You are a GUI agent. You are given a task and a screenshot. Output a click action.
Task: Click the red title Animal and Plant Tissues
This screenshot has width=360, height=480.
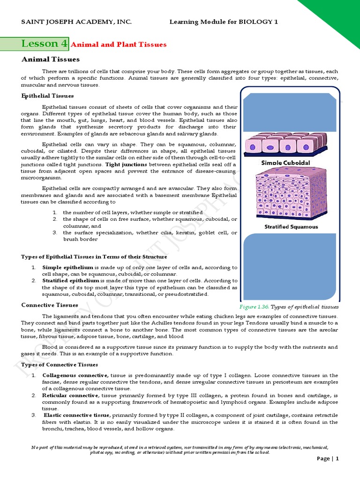click(119, 45)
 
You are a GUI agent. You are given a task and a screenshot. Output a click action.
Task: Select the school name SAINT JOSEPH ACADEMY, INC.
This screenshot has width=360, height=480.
click(77, 22)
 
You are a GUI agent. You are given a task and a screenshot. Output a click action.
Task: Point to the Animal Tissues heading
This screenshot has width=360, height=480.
click(51, 60)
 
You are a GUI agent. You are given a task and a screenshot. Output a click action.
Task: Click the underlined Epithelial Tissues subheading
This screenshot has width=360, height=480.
click(47, 96)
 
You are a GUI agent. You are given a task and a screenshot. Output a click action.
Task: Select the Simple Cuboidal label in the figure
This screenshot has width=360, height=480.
click(285, 163)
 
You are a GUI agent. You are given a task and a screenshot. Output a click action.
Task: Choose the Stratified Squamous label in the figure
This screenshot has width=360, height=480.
click(288, 227)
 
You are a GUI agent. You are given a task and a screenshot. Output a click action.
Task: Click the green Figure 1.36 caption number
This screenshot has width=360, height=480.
click(255, 307)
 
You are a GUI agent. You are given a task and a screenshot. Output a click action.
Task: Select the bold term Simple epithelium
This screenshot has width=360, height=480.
click(63, 267)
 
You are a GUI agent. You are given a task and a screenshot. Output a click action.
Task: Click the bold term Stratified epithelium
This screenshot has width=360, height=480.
click(66, 280)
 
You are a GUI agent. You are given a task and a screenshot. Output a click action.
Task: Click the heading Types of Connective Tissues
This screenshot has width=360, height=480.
click(60, 365)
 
